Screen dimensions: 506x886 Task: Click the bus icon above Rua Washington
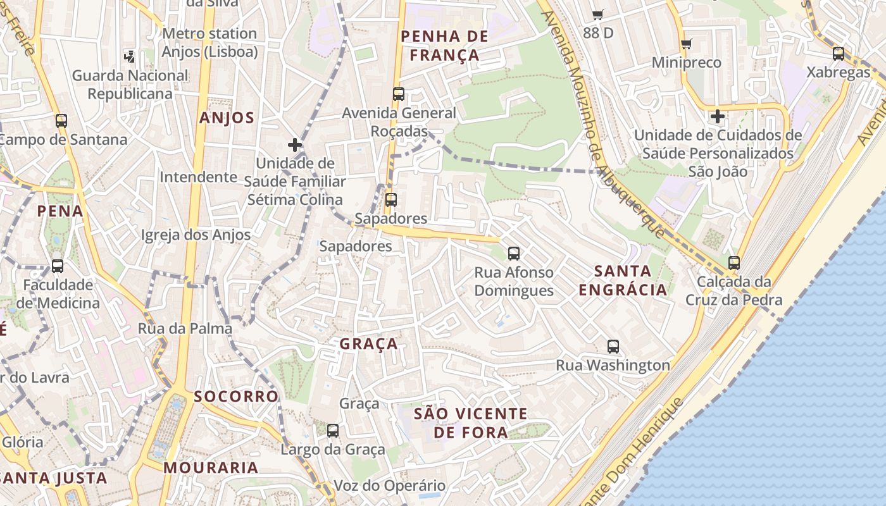(x=613, y=346)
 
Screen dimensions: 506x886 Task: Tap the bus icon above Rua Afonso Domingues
(x=514, y=254)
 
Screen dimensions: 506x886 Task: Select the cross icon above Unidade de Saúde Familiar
(x=295, y=144)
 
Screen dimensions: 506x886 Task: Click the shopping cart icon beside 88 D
(x=597, y=15)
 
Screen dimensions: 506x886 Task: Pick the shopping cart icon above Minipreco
(x=686, y=44)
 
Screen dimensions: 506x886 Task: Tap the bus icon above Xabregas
(x=839, y=54)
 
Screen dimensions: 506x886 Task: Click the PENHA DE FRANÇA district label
(x=445, y=46)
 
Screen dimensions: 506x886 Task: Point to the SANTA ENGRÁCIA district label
(x=623, y=280)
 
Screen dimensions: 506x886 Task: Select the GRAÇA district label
(x=369, y=343)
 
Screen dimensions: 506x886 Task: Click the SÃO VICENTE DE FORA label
(x=470, y=423)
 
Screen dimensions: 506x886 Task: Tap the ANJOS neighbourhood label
(x=227, y=118)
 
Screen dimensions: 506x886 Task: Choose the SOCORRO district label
(x=236, y=397)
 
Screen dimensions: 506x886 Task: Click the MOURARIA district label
(x=211, y=468)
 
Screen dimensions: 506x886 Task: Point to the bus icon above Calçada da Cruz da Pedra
(x=733, y=262)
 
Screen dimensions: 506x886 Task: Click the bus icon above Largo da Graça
(x=333, y=431)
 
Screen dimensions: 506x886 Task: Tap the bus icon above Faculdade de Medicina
(x=58, y=266)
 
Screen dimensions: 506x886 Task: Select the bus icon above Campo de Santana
(x=61, y=120)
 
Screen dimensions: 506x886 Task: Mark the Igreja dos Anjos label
(x=196, y=235)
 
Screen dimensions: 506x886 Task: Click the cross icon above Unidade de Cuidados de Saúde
(x=717, y=116)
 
